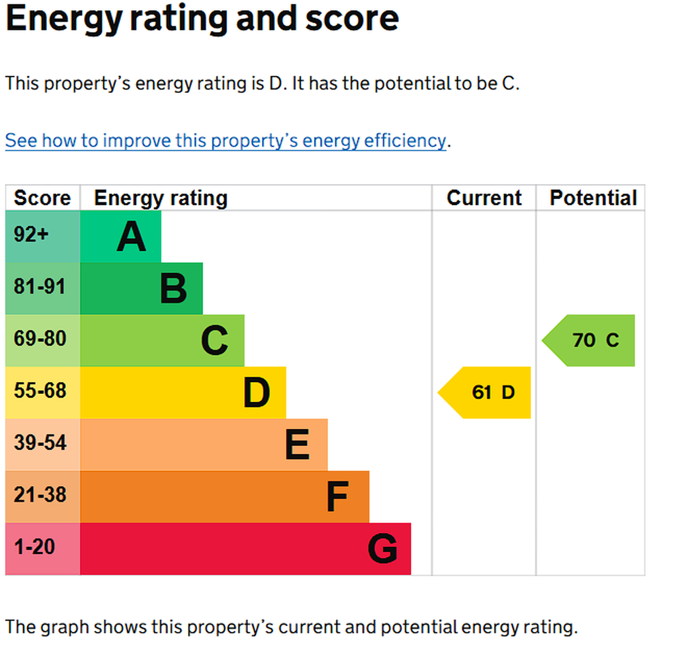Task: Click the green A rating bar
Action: (x=121, y=237)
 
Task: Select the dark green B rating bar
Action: (x=141, y=289)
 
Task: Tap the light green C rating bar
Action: (x=163, y=340)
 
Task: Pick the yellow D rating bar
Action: (x=183, y=393)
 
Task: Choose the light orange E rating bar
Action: (x=204, y=445)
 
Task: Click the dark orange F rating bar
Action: (x=224, y=497)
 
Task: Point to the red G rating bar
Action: (x=246, y=549)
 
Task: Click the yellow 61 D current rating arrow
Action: (x=484, y=393)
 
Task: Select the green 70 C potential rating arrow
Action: (x=589, y=340)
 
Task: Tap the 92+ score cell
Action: (x=42, y=237)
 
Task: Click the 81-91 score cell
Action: (x=42, y=289)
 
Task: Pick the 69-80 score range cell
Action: (x=42, y=340)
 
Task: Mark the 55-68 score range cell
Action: (x=42, y=393)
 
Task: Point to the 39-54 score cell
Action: (x=42, y=445)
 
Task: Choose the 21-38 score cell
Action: (x=42, y=497)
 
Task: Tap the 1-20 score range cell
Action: (x=42, y=549)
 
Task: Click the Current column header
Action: (x=484, y=198)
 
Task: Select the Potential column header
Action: (x=593, y=198)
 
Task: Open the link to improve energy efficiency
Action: (x=226, y=141)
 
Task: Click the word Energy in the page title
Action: (x=64, y=20)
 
